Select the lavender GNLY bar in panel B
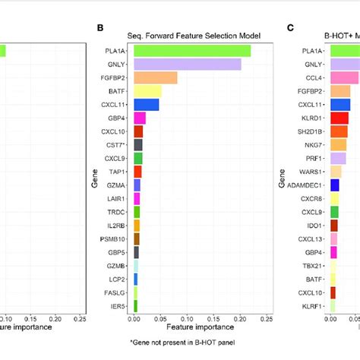(x=187, y=64)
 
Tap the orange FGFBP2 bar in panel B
(x=155, y=77)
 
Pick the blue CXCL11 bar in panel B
(x=146, y=104)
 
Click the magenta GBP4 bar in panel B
(x=139, y=118)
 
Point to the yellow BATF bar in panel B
(x=147, y=91)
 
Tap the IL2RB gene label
(x=117, y=226)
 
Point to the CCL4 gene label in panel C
(x=308, y=77)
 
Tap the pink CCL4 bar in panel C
(x=343, y=77)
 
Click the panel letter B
(x=99, y=27)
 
